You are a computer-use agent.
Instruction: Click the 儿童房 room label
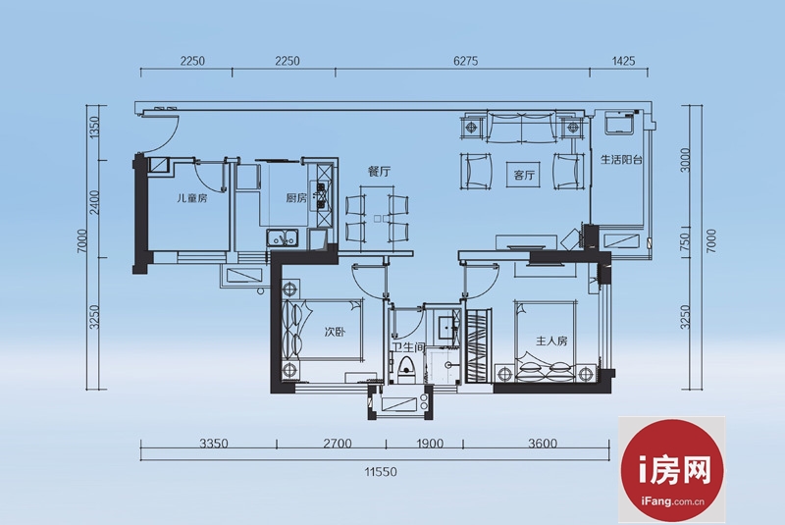coord(192,198)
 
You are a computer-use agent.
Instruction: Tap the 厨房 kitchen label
coord(296,198)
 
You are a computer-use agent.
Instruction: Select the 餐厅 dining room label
coord(379,172)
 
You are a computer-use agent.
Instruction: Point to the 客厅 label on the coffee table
coord(524,176)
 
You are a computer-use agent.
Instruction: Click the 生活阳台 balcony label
coord(621,160)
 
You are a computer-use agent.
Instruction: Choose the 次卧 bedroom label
coord(335,332)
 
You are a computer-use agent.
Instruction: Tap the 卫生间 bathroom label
coord(408,347)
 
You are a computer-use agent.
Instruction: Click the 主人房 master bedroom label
coord(551,341)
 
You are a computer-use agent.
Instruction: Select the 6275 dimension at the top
coord(465,61)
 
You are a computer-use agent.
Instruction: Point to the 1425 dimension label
coord(623,61)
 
